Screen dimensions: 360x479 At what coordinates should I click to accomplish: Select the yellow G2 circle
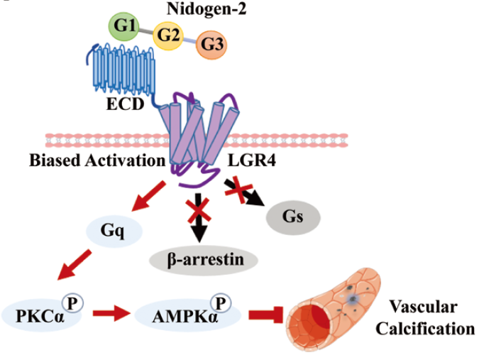click(x=167, y=35)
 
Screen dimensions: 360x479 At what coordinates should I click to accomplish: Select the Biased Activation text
click(x=97, y=160)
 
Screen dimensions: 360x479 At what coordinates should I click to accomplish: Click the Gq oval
click(x=114, y=231)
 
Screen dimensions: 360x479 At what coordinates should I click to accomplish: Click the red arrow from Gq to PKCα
click(x=73, y=268)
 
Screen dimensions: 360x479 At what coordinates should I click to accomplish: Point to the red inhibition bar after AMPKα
click(x=266, y=313)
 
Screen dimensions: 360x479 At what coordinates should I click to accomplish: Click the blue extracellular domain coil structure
click(x=116, y=74)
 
